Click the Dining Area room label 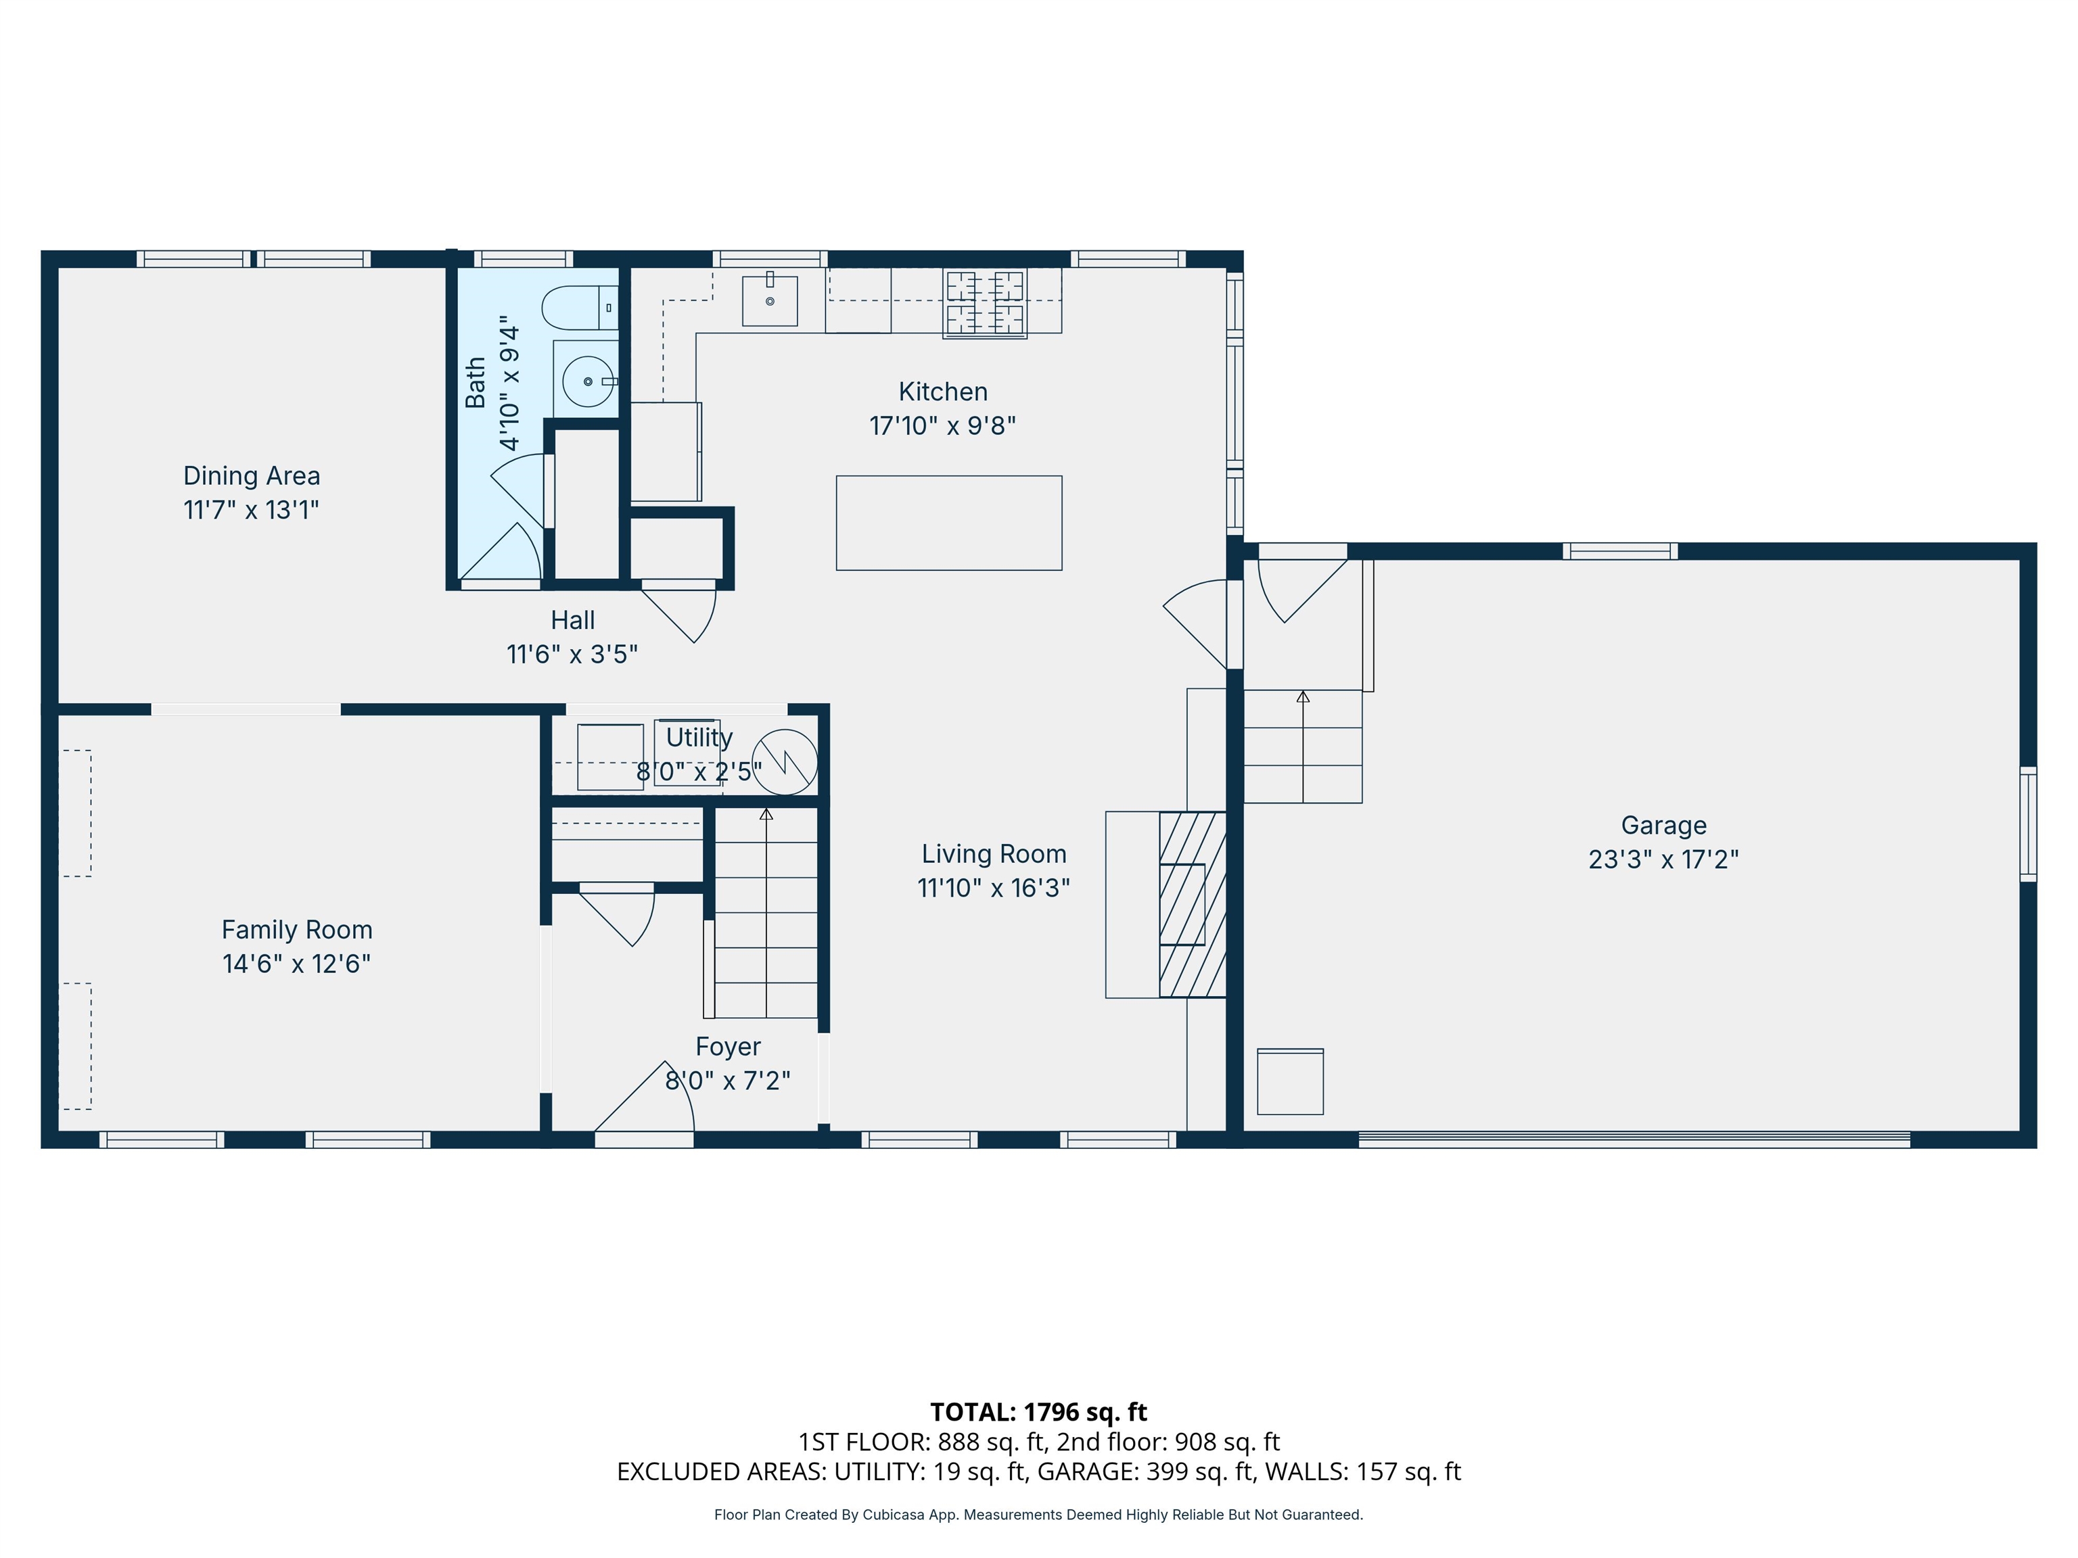251,476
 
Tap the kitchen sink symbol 769,300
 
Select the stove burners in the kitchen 984,302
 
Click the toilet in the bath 578,307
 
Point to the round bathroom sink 588,381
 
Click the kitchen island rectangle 949,523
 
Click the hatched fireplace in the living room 1192,904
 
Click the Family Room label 297,930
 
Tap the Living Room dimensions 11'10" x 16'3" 994,887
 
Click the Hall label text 573,621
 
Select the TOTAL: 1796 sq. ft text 1038,1411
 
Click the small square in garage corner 1290,1082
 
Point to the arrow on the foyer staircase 766,814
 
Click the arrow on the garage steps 1303,697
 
